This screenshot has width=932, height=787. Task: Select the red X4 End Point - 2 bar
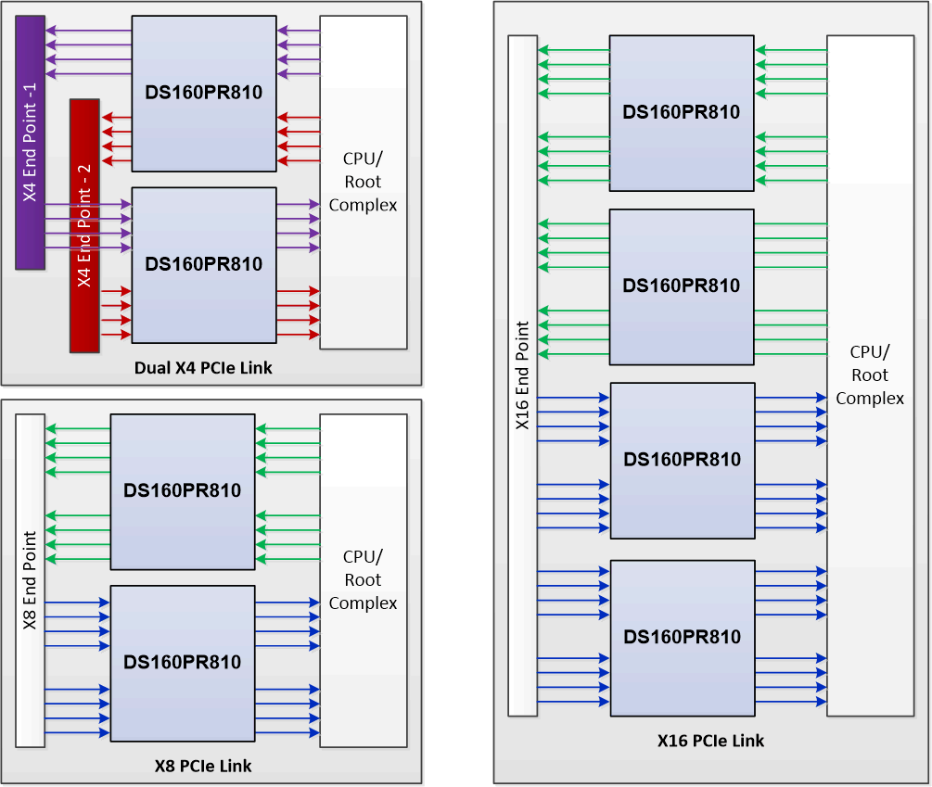click(x=84, y=225)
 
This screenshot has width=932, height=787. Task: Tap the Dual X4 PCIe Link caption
click(x=203, y=368)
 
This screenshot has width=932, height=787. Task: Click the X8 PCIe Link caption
click(x=203, y=766)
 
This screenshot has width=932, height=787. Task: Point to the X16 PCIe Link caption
click(x=711, y=741)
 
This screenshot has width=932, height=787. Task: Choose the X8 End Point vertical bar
click(x=30, y=580)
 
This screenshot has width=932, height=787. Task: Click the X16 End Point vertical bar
click(x=523, y=375)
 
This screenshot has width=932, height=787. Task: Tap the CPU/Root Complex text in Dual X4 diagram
click(x=363, y=182)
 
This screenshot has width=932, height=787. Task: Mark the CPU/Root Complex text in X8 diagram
click(x=363, y=580)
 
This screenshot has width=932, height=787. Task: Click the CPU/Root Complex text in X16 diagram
click(x=870, y=375)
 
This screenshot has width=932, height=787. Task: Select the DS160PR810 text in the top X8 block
click(x=182, y=490)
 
